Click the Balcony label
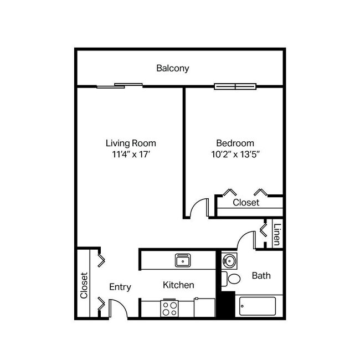173,69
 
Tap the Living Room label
131,143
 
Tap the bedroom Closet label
245,203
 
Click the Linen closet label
277,234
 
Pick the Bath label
261,275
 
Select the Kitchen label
178,285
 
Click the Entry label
120,287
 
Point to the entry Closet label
85,285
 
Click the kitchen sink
183,260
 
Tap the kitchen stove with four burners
169,307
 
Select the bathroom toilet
231,279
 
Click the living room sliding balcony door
119,85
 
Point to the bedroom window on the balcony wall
235,86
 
